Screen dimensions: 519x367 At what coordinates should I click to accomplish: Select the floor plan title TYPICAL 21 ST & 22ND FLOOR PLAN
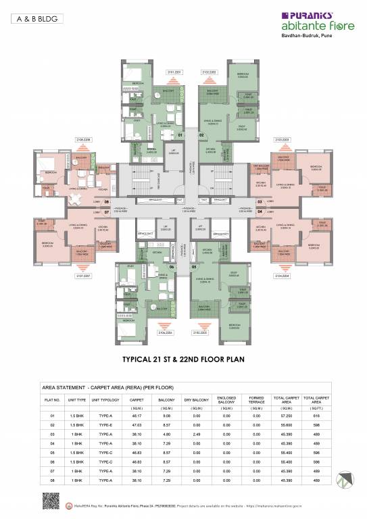pyautogui.click(x=183, y=360)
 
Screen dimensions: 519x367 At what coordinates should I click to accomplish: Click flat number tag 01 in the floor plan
pyautogui.click(x=171, y=135)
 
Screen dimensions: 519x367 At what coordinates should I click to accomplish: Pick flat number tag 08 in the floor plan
pyautogui.click(x=107, y=201)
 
